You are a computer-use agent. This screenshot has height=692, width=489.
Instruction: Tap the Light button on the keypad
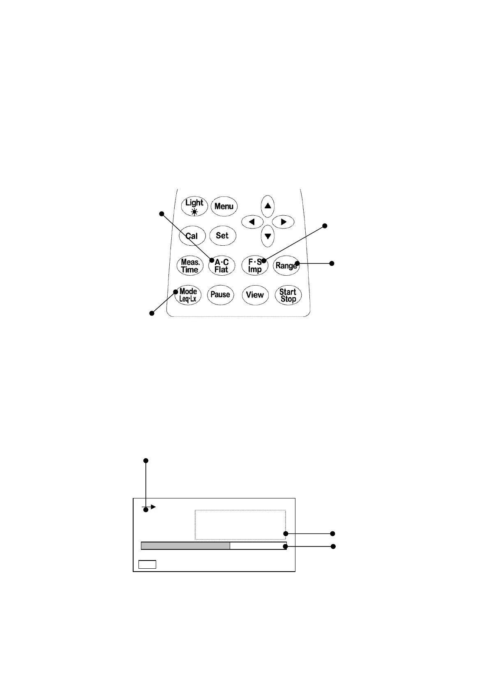[194, 206]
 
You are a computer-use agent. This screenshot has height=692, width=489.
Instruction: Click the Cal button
[192, 236]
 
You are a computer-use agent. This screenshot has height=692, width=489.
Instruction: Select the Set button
[222, 235]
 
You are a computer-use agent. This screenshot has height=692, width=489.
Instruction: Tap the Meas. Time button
[190, 266]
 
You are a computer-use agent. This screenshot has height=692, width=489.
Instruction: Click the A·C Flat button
[221, 266]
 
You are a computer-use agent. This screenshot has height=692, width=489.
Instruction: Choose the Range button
[286, 265]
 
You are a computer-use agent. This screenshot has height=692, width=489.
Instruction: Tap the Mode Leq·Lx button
[188, 295]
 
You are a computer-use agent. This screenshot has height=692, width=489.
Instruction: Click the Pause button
[220, 295]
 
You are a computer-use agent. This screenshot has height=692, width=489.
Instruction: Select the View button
[255, 295]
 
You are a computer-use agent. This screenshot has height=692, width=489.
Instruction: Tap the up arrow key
[268, 206]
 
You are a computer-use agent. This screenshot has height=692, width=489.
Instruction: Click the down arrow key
[268, 236]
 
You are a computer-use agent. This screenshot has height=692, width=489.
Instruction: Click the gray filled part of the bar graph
[185, 546]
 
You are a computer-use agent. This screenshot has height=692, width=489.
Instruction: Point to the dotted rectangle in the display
[240, 524]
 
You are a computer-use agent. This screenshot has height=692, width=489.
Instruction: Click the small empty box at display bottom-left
[147, 564]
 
